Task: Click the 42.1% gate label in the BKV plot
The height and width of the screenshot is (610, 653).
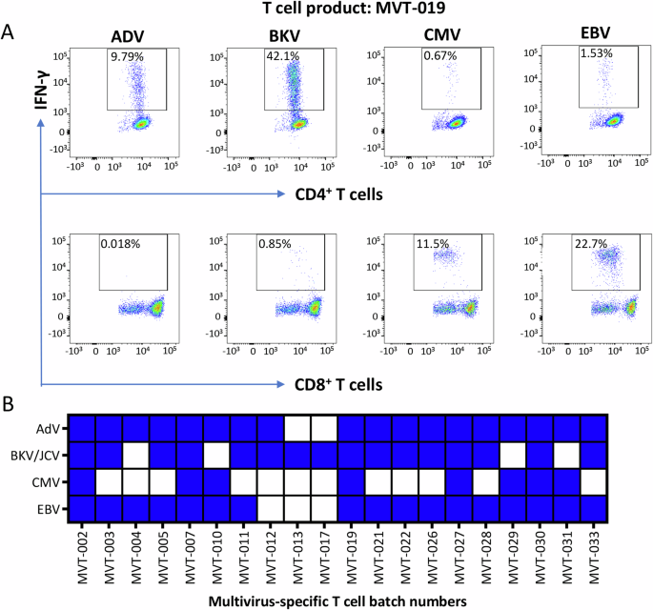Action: (283, 56)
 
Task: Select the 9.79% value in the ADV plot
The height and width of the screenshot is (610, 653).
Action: (126, 56)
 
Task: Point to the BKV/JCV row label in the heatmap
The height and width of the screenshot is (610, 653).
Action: (40, 455)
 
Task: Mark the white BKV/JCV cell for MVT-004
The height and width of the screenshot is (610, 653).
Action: (136, 455)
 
